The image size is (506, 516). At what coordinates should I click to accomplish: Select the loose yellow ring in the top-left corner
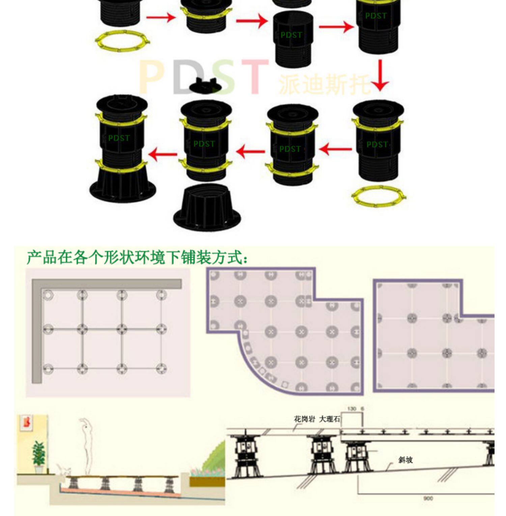122,41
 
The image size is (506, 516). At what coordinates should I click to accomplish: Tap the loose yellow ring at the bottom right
378,195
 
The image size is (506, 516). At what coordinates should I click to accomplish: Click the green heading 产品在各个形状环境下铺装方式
137,258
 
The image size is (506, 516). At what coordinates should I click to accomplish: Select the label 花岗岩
304,419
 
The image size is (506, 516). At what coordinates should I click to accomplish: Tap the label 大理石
329,419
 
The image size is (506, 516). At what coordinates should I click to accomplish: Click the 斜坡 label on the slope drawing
405,460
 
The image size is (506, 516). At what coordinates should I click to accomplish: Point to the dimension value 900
428,498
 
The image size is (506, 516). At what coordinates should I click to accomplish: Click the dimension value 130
352,408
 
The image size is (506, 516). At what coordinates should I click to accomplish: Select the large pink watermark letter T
255,77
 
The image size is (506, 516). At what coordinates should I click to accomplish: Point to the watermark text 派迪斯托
324,84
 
